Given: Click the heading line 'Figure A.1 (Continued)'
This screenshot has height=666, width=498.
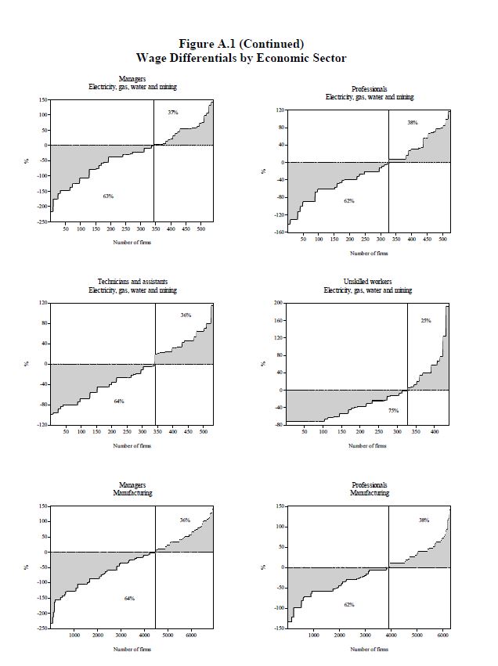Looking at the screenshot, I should point(241,44).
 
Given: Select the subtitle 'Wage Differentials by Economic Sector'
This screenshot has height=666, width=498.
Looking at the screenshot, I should point(241,58).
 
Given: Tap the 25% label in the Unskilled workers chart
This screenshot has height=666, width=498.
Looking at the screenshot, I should point(426,321).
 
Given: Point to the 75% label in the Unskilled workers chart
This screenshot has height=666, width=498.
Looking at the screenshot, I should point(393,410).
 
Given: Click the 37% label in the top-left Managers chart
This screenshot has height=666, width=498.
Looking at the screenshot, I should point(173,113).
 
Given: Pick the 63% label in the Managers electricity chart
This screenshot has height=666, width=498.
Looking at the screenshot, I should point(108,196).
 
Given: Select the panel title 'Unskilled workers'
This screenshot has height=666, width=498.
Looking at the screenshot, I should point(368,282).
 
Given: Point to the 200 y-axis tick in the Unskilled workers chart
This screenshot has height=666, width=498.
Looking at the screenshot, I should point(278,303).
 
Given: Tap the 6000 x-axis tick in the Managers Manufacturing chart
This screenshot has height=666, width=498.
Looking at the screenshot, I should point(190,635).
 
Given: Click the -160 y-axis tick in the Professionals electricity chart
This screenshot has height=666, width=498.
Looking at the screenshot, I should point(278,232).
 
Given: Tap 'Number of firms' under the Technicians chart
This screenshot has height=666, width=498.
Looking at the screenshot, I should point(132,446).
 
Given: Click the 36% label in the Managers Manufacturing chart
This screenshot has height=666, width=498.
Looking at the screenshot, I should point(185,520).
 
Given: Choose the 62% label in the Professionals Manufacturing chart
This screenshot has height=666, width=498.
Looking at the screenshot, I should point(349,605).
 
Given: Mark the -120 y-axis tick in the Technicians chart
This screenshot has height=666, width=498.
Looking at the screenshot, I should point(43,424).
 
